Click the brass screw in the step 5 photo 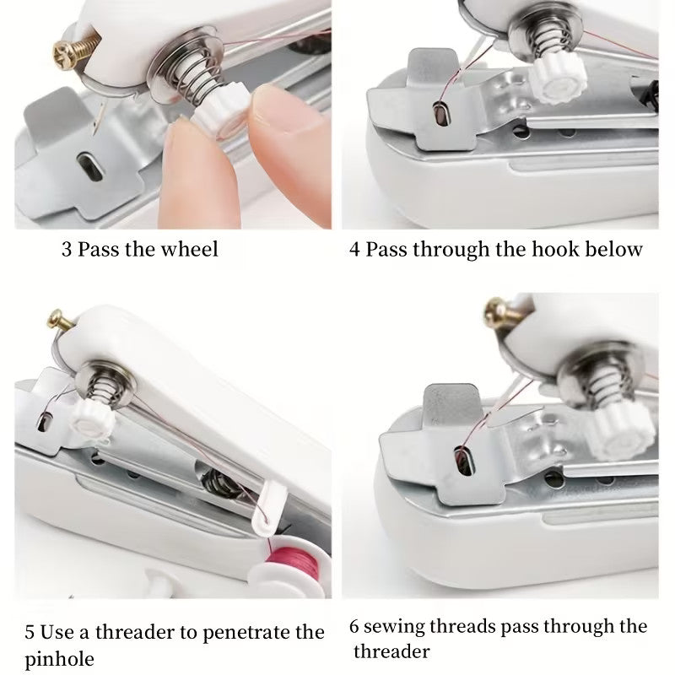pos(55,321)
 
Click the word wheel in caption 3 pos(191,249)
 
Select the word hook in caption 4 pos(536,250)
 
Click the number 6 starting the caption pos(355,627)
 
